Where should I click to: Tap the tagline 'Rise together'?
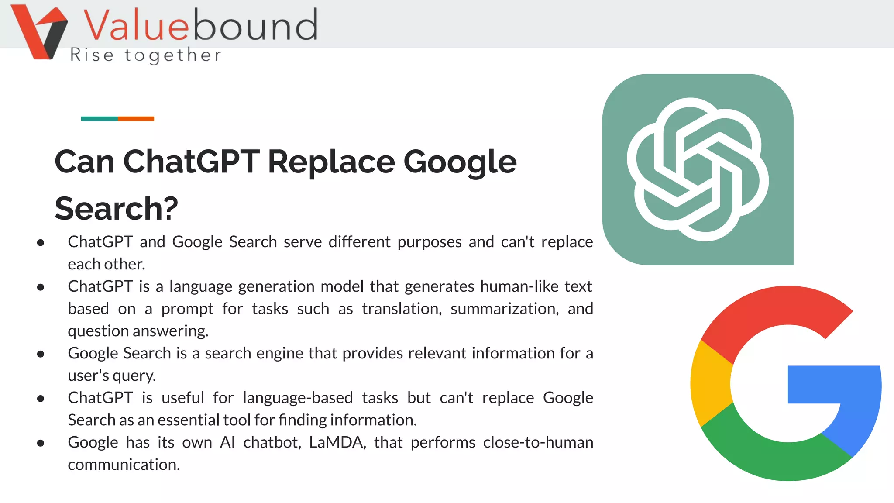[146, 55]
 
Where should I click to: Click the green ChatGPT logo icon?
[698, 169]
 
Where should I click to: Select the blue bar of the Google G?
[834, 384]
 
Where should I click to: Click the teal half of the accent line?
[99, 119]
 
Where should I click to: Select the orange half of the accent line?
[136, 119]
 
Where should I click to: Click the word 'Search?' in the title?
[116, 208]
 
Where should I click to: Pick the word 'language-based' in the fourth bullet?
[298, 398]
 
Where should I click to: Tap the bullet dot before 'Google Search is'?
[41, 354]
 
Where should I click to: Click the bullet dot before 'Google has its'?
[41, 443]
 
